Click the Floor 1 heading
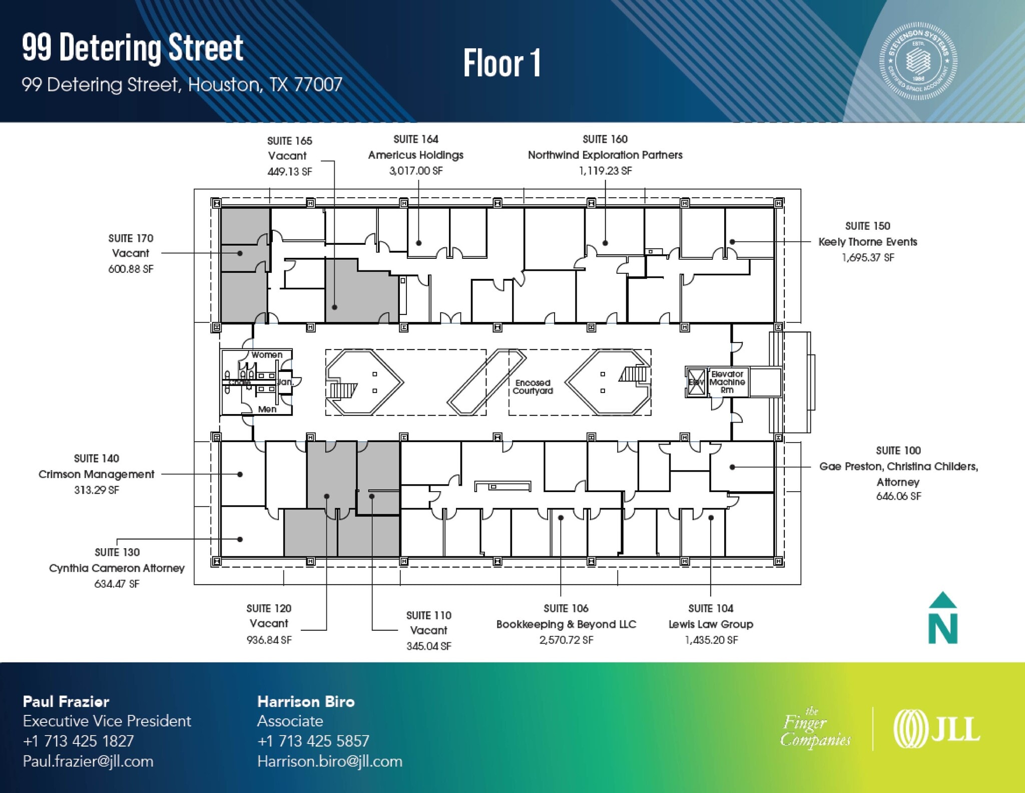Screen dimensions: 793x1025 501,64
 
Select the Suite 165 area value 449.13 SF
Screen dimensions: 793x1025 290,172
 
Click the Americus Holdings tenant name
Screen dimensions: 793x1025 415,155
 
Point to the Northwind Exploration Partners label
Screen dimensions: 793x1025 605,155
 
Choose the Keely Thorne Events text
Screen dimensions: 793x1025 867,242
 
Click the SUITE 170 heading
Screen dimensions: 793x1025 131,238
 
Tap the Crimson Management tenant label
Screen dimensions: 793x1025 96,474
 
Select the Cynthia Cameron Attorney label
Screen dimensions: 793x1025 117,568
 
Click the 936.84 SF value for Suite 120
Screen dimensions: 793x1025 269,640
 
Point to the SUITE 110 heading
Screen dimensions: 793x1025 428,615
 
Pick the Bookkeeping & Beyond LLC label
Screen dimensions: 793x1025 566,624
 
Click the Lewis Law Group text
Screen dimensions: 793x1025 711,624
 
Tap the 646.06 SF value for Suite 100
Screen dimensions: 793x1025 898,496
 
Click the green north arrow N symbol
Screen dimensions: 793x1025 943,619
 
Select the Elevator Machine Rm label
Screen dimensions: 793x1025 727,382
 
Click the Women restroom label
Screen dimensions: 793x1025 267,355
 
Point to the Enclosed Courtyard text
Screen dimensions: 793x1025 533,387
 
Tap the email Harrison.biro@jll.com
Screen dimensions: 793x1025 329,761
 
